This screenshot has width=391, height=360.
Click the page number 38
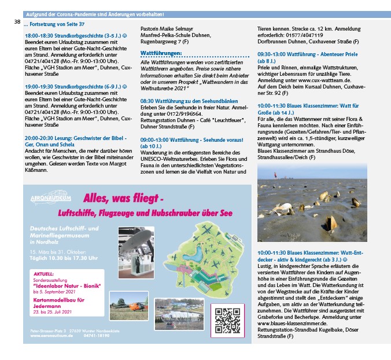pyautogui.click(x=17, y=22)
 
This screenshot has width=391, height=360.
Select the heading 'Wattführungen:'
pyautogui.click(x=161, y=53)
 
